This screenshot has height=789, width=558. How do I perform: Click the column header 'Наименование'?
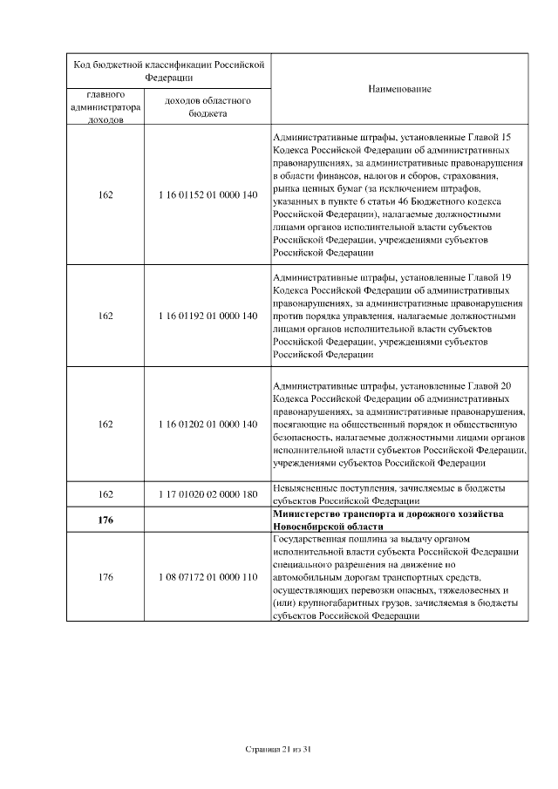click(399, 89)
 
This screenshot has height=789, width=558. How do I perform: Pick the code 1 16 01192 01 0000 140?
click(208, 316)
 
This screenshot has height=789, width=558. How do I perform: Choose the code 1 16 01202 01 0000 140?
click(208, 424)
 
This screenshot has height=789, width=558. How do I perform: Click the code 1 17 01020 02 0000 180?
click(208, 494)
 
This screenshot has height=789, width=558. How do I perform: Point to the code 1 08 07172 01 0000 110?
click(208, 577)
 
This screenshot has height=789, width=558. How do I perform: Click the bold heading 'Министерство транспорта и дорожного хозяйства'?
click(388, 515)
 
